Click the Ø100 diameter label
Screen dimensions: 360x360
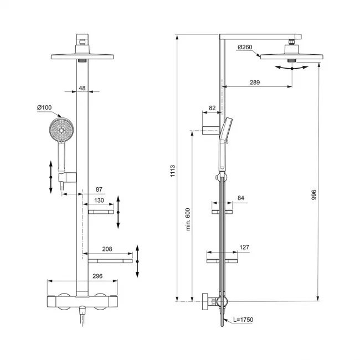tap(44, 107)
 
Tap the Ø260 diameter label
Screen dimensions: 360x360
tap(245, 47)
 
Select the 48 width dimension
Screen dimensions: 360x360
tap(82, 88)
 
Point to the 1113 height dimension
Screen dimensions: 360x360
tap(173, 171)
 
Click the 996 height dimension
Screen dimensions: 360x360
tap(314, 195)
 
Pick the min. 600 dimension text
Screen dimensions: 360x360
tap(188, 219)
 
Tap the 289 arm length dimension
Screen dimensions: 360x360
tap(255, 83)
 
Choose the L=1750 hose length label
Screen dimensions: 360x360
tap(243, 320)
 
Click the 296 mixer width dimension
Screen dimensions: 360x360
tap(97, 276)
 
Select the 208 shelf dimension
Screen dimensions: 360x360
tap(107, 249)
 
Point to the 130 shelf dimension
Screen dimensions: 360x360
tap(99, 200)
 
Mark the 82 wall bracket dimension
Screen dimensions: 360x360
tap(212, 108)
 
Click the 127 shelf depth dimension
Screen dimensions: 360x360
tap(244, 247)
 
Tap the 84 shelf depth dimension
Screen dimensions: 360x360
tap(241, 198)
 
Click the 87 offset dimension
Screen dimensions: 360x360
tap(99, 189)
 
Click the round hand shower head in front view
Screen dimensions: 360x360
tap(61, 130)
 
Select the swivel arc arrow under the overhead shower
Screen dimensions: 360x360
tap(291, 68)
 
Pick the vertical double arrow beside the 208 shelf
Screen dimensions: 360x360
tap(137, 261)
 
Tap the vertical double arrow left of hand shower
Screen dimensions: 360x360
tap(51, 177)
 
